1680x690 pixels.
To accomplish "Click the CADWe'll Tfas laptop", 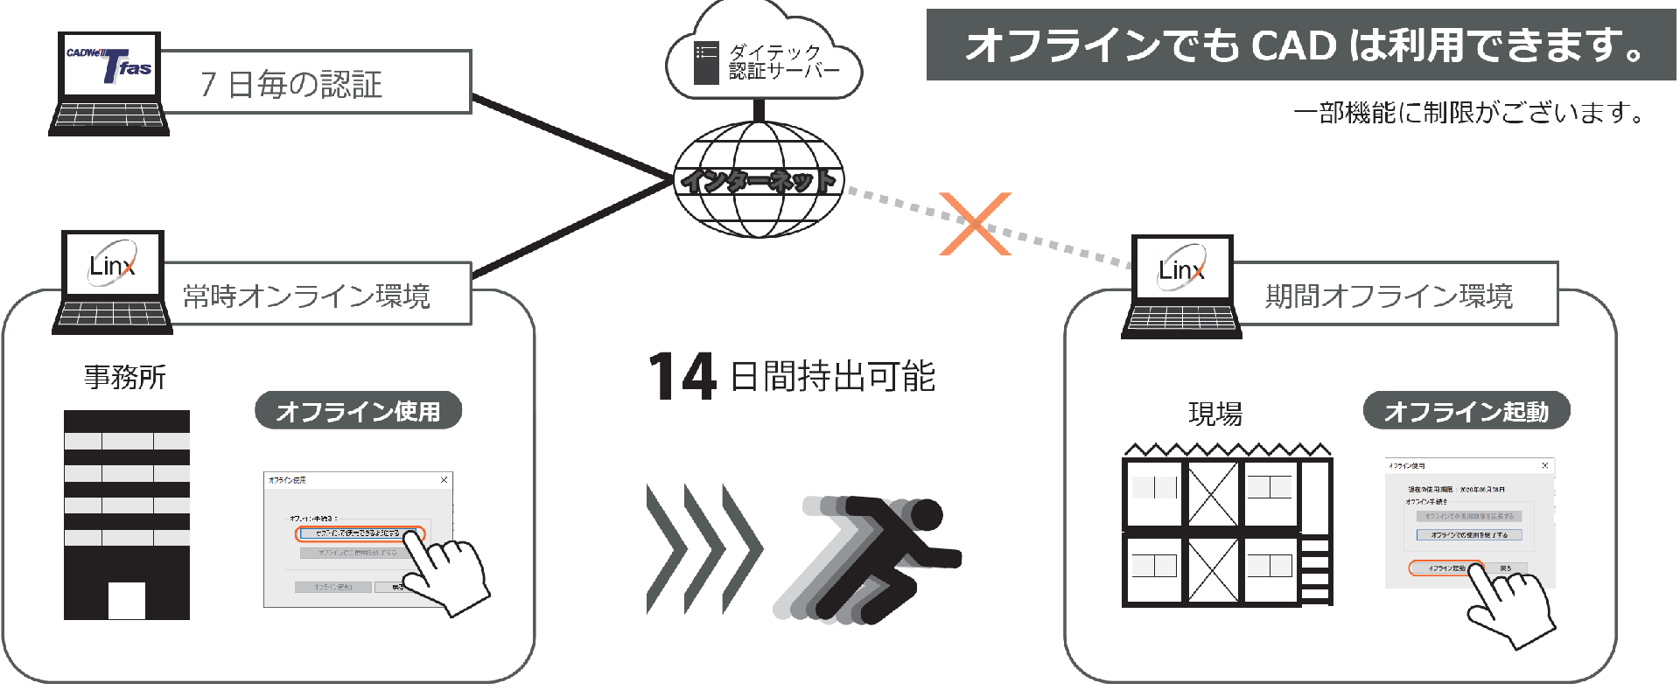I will [109, 83].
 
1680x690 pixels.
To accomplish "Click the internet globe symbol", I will [758, 180].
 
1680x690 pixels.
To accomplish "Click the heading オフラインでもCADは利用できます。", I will [1301, 45].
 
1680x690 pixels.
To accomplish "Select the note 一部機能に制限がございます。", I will [1470, 113].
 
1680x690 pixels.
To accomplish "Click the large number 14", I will [682, 376].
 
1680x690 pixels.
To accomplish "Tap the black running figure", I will [892, 555].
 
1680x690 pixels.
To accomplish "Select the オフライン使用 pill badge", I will [358, 411].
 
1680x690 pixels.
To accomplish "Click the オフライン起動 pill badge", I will [1466, 411].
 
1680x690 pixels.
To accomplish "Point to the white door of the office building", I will [127, 601].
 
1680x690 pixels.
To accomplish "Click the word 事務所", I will [125, 377].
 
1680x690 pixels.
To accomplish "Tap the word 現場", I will [1214, 414].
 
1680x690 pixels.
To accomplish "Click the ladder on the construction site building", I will [1315, 569].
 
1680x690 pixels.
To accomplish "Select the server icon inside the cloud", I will [705, 62].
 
